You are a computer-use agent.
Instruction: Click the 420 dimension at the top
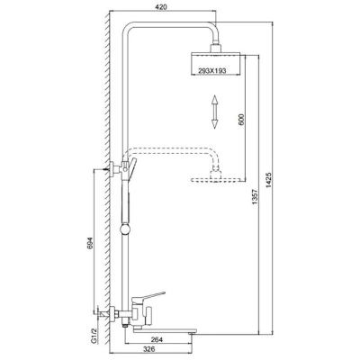(x=161, y=7)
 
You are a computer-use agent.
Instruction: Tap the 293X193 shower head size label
(x=211, y=70)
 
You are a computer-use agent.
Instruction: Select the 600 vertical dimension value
(x=242, y=120)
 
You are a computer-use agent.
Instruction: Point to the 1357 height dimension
(x=256, y=197)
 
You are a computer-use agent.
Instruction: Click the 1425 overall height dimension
(x=269, y=181)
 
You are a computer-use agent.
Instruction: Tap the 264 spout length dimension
(x=157, y=340)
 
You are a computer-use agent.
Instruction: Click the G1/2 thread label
(x=94, y=337)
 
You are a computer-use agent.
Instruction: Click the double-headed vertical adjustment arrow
(x=214, y=112)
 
